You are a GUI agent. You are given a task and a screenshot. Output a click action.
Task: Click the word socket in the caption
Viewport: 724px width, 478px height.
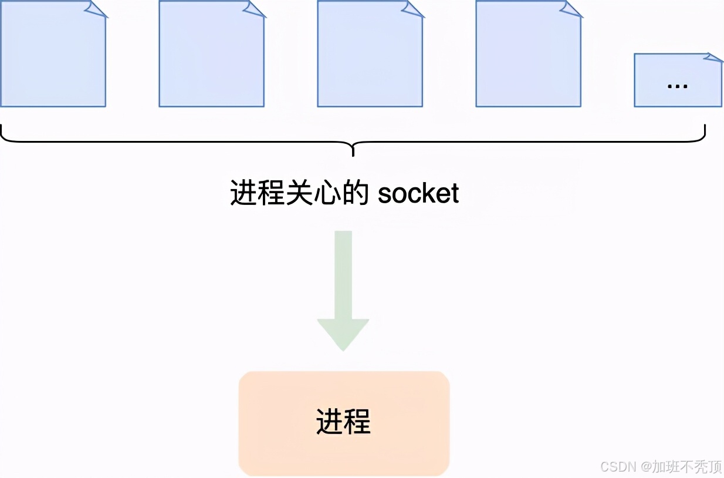click(418, 194)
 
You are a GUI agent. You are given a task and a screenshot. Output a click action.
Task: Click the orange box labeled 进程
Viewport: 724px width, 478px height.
click(344, 423)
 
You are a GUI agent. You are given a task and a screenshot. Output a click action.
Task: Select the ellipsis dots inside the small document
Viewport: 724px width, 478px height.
click(678, 86)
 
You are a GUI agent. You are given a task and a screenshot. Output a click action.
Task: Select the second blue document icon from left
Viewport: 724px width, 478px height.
click(211, 56)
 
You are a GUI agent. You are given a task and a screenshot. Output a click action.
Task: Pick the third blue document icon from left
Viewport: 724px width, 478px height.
click(370, 56)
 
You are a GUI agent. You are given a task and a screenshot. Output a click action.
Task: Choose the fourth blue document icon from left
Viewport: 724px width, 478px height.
click(528, 56)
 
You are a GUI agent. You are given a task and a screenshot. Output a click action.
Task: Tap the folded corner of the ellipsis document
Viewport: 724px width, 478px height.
click(714, 58)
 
